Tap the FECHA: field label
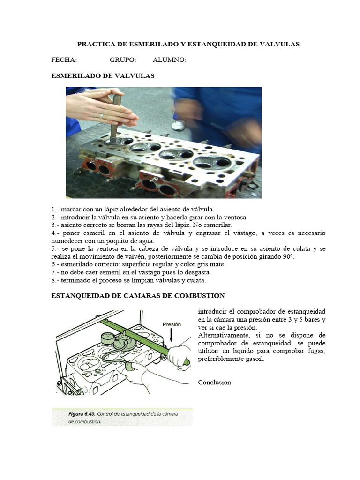[x=64, y=60]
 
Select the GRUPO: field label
[x=123, y=60]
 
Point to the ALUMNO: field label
[x=169, y=60]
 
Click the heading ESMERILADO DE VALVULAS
[x=102, y=75]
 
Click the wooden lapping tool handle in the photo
[x=115, y=117]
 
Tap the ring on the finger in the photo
[x=101, y=115]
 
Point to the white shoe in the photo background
[x=178, y=125]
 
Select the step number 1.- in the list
[x=55, y=209]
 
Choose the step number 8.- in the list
[x=55, y=281]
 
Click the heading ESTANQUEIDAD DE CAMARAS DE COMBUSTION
[x=137, y=296]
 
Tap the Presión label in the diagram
[x=172, y=323]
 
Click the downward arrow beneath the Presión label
[x=172, y=336]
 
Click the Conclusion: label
[x=215, y=382]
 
